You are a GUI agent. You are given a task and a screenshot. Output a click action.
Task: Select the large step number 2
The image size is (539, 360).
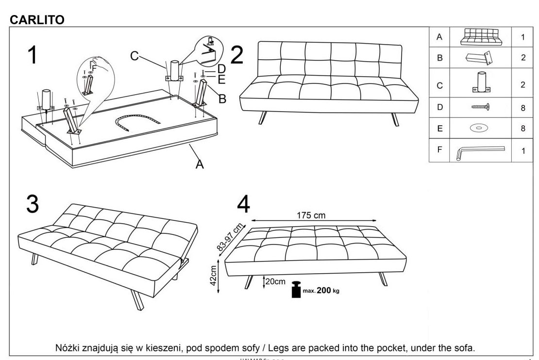point(236,54)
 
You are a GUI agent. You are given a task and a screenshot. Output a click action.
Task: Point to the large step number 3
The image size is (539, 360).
point(32,204)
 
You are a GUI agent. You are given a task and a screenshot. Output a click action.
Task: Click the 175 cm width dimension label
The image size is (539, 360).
point(311,215)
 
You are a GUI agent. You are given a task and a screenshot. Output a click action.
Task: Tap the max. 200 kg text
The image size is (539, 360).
point(321,291)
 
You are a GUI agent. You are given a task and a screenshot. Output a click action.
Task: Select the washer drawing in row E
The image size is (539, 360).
point(479,129)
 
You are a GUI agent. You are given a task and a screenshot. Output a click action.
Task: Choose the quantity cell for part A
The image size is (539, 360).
point(523,37)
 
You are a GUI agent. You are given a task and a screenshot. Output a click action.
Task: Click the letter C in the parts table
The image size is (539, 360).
point(440,84)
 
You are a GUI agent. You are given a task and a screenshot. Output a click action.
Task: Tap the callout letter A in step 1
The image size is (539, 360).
point(200,165)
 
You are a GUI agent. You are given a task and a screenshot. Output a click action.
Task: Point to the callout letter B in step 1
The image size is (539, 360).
point(222,99)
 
